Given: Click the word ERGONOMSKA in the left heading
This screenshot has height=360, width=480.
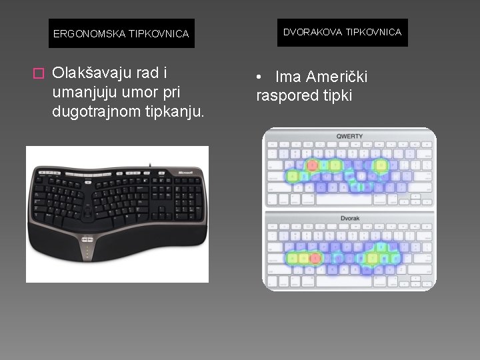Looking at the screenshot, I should pos(83,33).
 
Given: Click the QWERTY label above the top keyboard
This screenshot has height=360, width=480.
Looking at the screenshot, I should pos(349,137).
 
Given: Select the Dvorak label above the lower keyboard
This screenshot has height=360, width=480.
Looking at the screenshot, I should pos(349,217).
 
